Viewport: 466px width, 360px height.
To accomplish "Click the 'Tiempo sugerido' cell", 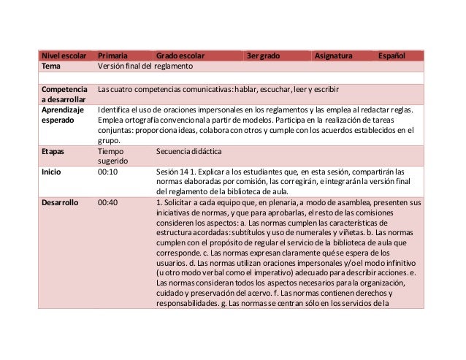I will tap(115, 157).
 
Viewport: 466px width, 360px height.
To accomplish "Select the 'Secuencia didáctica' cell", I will tap(189, 152).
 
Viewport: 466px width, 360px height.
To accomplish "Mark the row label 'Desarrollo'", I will tap(61, 202).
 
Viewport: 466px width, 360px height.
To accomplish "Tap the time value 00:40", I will tap(107, 202).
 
